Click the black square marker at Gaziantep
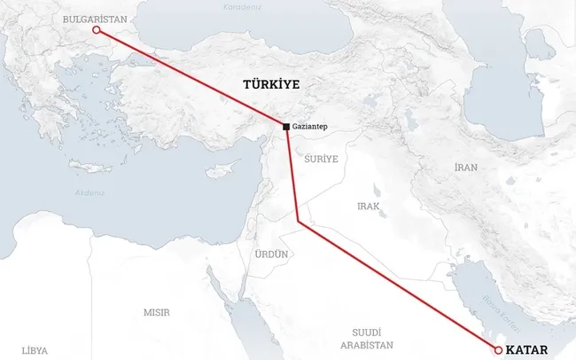pos(285,128)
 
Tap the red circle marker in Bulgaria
pos(96,33)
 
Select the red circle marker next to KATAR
pos(498,350)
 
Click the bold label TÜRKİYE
pos(271,84)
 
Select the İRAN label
pos(465,167)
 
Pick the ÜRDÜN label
pos(272,254)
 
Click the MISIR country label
pos(157,312)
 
